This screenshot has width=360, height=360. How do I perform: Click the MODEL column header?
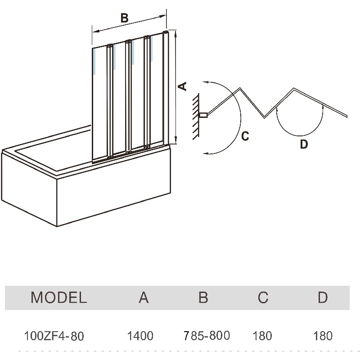click(x=58, y=297)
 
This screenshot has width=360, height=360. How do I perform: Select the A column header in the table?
click(x=144, y=297)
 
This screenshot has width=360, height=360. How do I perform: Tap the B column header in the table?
click(x=203, y=297)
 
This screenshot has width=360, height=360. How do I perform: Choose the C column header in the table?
click(x=263, y=297)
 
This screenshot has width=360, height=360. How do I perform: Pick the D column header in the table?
click(x=323, y=297)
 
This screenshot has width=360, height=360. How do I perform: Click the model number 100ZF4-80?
click(x=54, y=336)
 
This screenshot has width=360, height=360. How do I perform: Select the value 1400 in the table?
click(x=140, y=336)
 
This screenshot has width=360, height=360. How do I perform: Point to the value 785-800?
click(x=207, y=335)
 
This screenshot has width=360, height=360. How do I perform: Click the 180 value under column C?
click(x=262, y=336)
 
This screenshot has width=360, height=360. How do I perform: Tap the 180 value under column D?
click(x=322, y=336)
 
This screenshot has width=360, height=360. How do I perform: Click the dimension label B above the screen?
click(x=125, y=18)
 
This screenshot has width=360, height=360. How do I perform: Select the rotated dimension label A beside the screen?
click(x=182, y=86)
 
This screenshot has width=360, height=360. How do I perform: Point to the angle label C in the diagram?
click(x=245, y=135)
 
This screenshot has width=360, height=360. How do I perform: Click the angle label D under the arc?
click(x=304, y=145)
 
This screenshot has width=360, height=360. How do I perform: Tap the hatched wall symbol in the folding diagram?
click(x=196, y=116)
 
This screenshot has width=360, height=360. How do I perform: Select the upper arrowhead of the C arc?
click(x=205, y=82)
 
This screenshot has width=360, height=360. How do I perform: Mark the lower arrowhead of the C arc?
click(x=205, y=153)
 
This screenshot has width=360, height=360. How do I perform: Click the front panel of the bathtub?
click(x=112, y=198)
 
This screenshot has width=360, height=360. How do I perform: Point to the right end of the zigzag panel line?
click(x=347, y=116)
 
